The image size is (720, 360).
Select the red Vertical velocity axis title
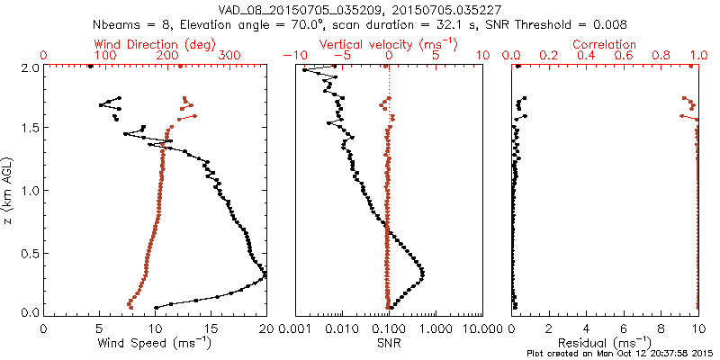(389, 44)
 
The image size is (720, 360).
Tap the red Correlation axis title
(605, 44)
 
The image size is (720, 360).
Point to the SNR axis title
(389, 342)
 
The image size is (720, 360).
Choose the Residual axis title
(605, 342)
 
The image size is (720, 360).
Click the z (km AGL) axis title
(8, 190)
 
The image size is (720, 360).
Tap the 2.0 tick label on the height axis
(29, 67)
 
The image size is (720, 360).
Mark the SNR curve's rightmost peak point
(422, 273)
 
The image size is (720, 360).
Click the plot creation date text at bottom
(621, 354)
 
